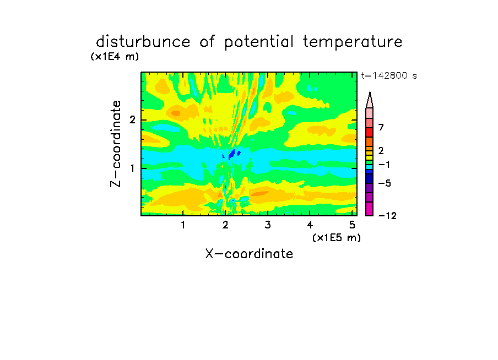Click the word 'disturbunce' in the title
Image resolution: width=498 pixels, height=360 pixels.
click(143, 42)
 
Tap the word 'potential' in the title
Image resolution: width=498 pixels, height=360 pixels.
click(259, 42)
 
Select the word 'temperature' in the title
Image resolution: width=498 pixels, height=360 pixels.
click(353, 42)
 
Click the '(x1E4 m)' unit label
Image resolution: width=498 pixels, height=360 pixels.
click(115, 57)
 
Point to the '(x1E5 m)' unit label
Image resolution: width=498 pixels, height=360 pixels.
click(337, 237)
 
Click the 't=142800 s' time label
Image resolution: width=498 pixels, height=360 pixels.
click(389, 75)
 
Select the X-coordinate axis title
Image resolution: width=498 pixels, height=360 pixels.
click(249, 254)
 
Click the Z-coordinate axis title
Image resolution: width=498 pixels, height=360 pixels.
click(116, 144)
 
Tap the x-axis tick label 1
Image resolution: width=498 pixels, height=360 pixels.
click(183, 225)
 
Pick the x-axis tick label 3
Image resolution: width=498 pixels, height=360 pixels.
click(268, 225)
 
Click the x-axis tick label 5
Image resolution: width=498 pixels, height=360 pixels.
click(352, 225)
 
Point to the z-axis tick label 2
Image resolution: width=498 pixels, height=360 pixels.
click(132, 120)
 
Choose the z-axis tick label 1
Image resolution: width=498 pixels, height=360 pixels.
click(132, 168)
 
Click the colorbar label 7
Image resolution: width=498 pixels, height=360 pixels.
click(381, 128)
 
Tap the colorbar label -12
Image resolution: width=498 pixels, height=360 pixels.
click(387, 216)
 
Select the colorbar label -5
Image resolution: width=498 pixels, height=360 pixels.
click(385, 183)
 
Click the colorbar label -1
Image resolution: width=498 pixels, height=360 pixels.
click(384, 165)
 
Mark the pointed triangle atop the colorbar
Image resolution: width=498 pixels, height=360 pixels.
click(370, 100)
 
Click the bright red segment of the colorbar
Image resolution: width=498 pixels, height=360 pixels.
click(370, 132)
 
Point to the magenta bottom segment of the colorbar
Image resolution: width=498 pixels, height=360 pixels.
click(370, 209)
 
